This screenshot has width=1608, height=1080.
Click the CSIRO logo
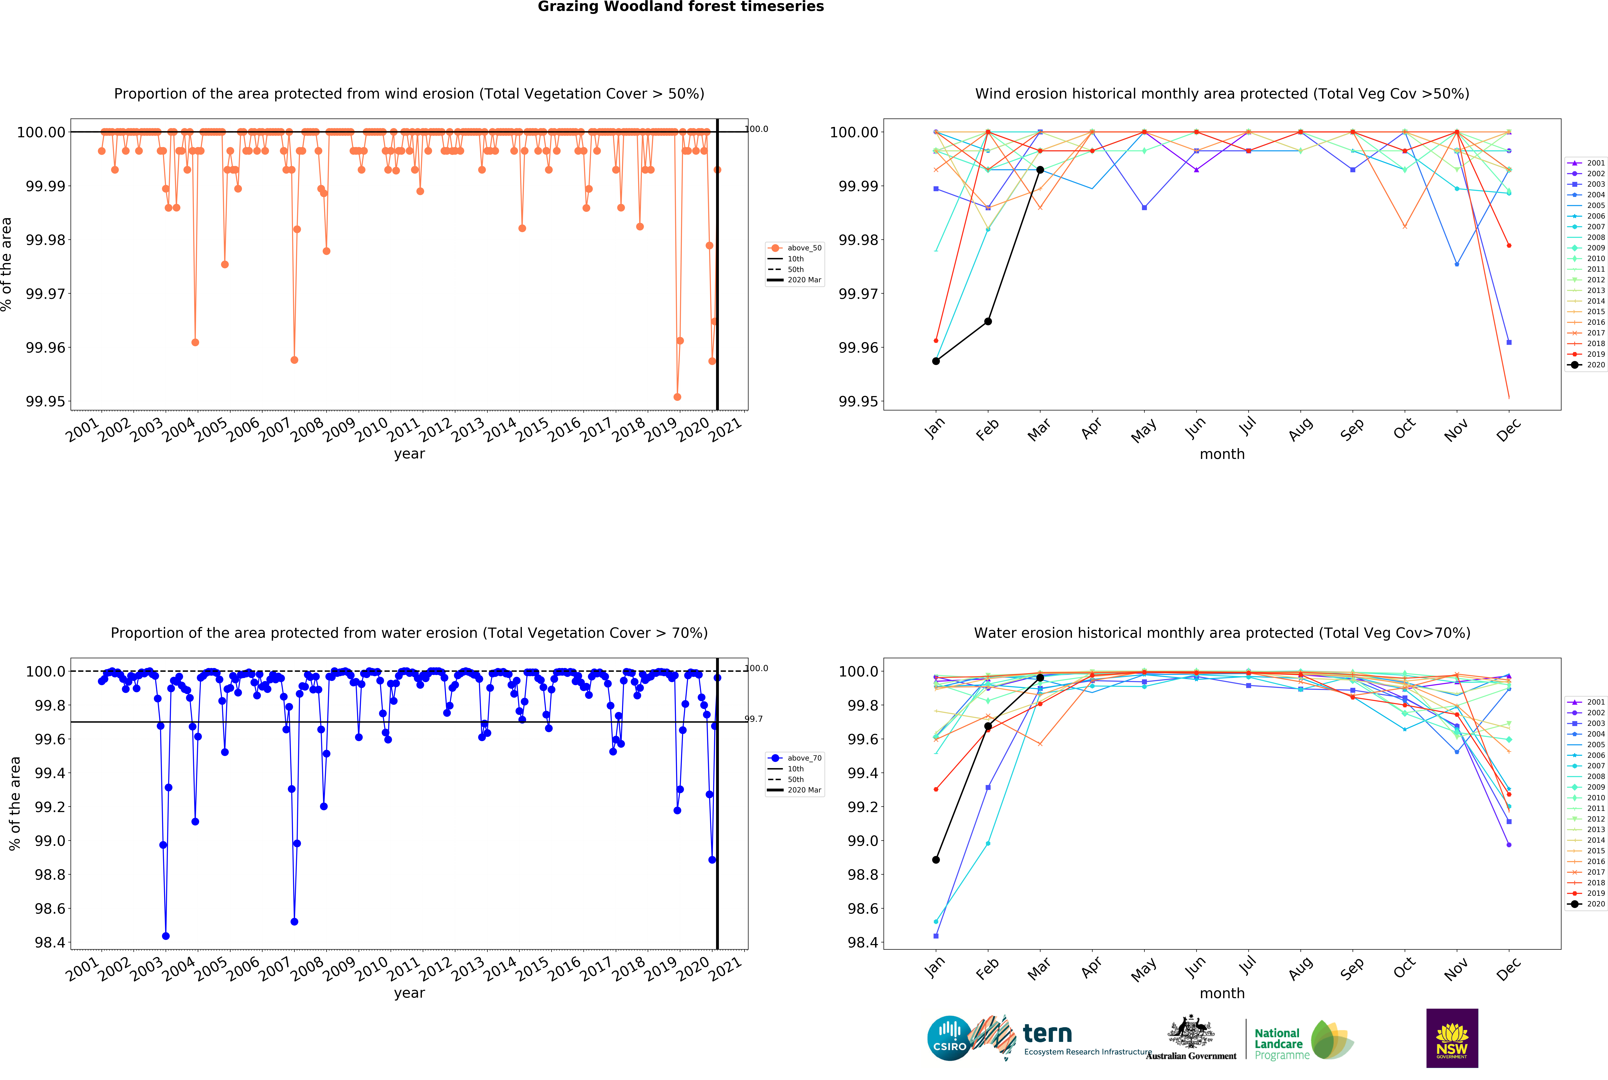pos(949,1038)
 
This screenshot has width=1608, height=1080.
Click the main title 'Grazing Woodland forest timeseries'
pos(680,7)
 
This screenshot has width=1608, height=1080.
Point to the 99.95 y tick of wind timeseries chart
pos(46,402)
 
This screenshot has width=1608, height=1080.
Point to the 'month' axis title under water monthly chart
pos(1222,993)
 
